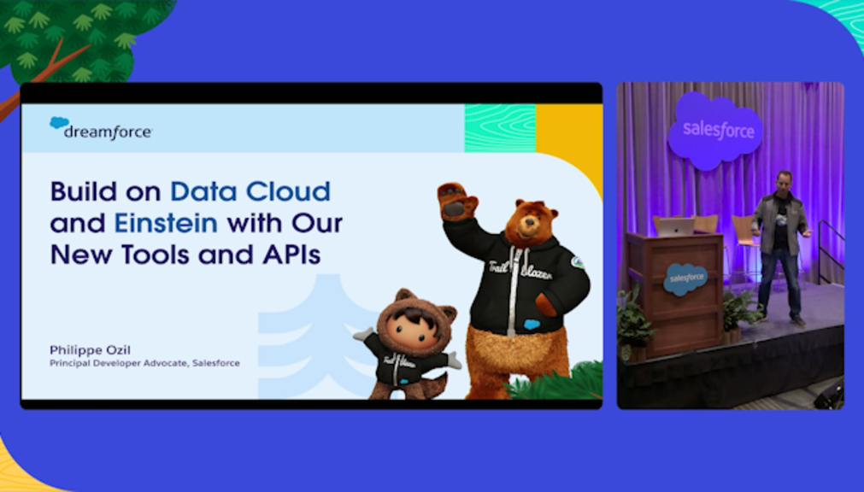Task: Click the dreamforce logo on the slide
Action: click(x=100, y=128)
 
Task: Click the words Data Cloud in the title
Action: click(x=250, y=191)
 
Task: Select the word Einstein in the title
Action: click(x=166, y=223)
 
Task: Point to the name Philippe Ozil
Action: click(x=90, y=350)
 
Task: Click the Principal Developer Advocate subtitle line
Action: click(x=144, y=363)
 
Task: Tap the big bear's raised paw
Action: click(x=456, y=201)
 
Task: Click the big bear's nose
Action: click(x=530, y=222)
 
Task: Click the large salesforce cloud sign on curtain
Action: click(x=714, y=130)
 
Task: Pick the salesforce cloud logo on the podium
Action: click(x=685, y=278)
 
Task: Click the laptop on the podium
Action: click(x=676, y=226)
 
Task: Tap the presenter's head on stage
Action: click(x=783, y=183)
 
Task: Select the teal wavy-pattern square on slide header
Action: click(x=500, y=128)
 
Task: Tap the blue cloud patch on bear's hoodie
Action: click(x=532, y=325)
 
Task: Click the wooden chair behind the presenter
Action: click(x=744, y=243)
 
